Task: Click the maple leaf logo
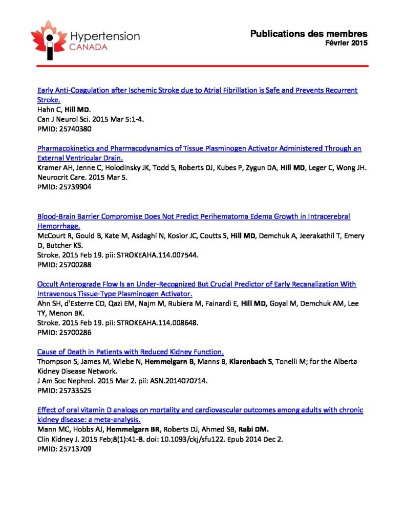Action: pos(49,39)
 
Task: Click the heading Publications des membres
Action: pos(309,34)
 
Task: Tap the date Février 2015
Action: pos(346,43)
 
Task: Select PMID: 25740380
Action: pos(65,129)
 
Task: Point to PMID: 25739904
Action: pos(65,187)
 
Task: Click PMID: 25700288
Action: pos(65,265)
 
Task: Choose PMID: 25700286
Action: pos(65,333)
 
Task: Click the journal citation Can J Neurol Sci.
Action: pos(63,119)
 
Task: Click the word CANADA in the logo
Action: pos(90,47)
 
